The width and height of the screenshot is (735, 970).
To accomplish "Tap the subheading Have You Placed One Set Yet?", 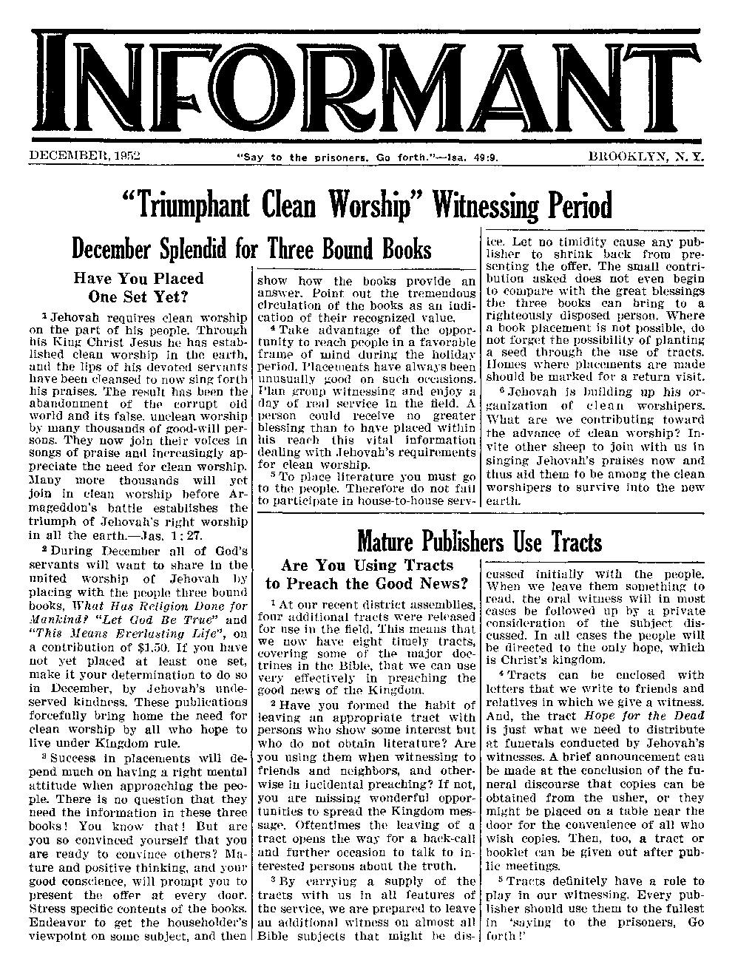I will [x=138, y=288].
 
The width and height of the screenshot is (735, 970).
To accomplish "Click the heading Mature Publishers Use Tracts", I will [x=479, y=542].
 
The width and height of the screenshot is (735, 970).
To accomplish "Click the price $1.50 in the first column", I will [x=156, y=646].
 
